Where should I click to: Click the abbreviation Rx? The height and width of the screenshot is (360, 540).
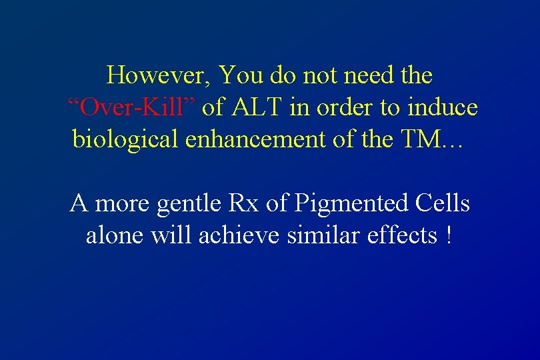tap(243, 203)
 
